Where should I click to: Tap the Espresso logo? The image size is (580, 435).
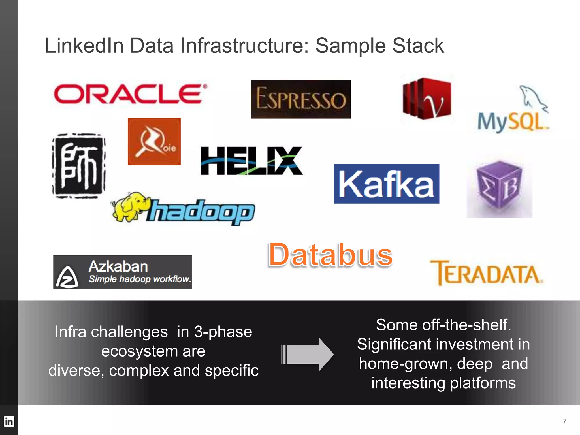[300, 99]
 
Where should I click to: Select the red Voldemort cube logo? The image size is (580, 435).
[427, 99]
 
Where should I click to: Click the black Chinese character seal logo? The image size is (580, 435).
[79, 166]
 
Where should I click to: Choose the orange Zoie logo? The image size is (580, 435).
[154, 141]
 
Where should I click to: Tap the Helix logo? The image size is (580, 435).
[251, 161]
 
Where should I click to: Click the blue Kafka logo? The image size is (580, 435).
[386, 184]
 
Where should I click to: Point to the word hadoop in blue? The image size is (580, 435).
[201, 212]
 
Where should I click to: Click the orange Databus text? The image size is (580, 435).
[330, 255]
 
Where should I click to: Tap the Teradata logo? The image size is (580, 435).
[486, 273]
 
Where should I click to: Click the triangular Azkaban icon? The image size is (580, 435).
[67, 277]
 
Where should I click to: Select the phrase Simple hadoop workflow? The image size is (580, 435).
[140, 279]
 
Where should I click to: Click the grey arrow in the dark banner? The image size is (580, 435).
[308, 354]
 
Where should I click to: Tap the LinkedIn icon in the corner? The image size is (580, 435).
[9, 421]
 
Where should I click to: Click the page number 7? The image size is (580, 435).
[564, 421]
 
